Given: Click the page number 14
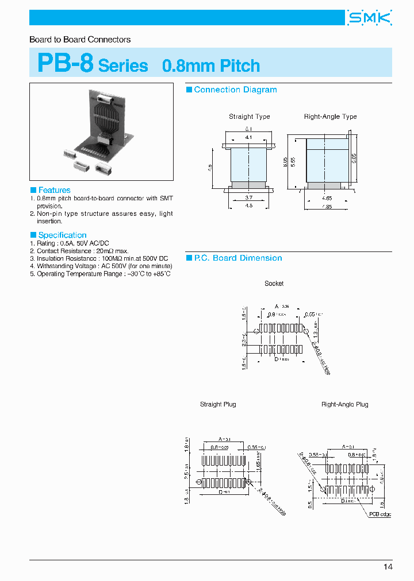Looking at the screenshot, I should click(x=388, y=567).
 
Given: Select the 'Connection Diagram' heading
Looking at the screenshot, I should click(x=235, y=90).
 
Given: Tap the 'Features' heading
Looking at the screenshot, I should click(x=54, y=190).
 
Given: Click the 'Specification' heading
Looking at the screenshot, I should click(x=62, y=235).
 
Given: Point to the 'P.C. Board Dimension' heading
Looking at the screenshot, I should click(x=237, y=258).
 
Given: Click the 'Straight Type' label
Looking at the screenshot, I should click(x=249, y=117).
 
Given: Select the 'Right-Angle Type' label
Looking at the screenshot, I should click(x=330, y=117).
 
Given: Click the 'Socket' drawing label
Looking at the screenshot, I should click(x=274, y=284).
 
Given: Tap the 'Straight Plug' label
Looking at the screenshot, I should click(x=218, y=404).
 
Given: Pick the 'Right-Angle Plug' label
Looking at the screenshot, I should click(x=344, y=404).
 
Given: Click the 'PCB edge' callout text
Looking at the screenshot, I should click(x=379, y=514).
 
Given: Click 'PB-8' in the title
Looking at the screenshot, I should click(x=65, y=63).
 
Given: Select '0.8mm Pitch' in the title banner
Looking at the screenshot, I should click(x=211, y=65).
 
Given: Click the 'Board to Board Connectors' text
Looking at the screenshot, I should click(x=80, y=40).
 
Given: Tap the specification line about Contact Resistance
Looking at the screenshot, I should click(x=79, y=251).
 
